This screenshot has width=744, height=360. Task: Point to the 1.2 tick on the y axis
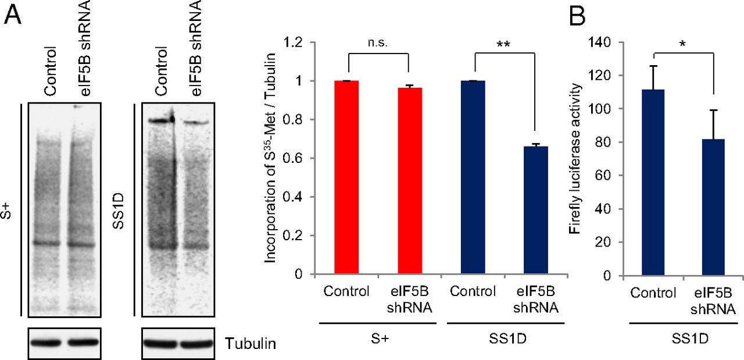point(297,42)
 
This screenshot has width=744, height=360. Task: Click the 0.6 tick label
point(297,158)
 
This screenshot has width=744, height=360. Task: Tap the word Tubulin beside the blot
point(251,344)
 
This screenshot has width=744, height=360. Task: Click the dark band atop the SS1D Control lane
point(161,121)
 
